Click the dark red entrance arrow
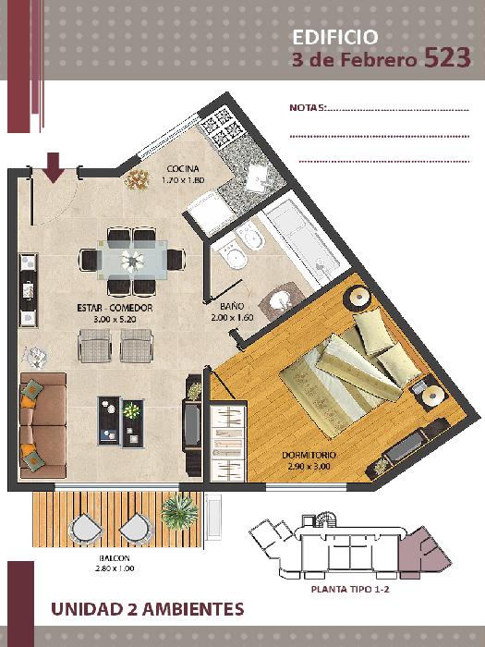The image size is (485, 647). (x=54, y=167)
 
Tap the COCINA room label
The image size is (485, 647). (x=183, y=169)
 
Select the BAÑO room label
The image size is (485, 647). (x=232, y=306)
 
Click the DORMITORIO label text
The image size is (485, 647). (x=309, y=455)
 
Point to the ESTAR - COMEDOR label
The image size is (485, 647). (x=115, y=308)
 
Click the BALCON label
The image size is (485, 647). (x=115, y=558)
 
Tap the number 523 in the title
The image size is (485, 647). (x=447, y=57)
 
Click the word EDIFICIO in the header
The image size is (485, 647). (x=334, y=37)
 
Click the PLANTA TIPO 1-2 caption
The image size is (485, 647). (x=350, y=590)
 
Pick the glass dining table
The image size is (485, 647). (x=132, y=261)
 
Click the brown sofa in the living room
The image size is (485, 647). (x=42, y=425)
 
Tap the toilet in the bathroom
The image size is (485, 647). (x=231, y=253)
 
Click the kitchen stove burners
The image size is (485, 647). (x=219, y=125)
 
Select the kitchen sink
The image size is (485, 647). (x=257, y=178)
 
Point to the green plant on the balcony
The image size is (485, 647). (x=179, y=512)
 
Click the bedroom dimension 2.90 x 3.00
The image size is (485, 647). (x=309, y=466)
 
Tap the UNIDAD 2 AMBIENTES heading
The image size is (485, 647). (x=147, y=609)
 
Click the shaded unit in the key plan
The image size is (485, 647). (x=424, y=553)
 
